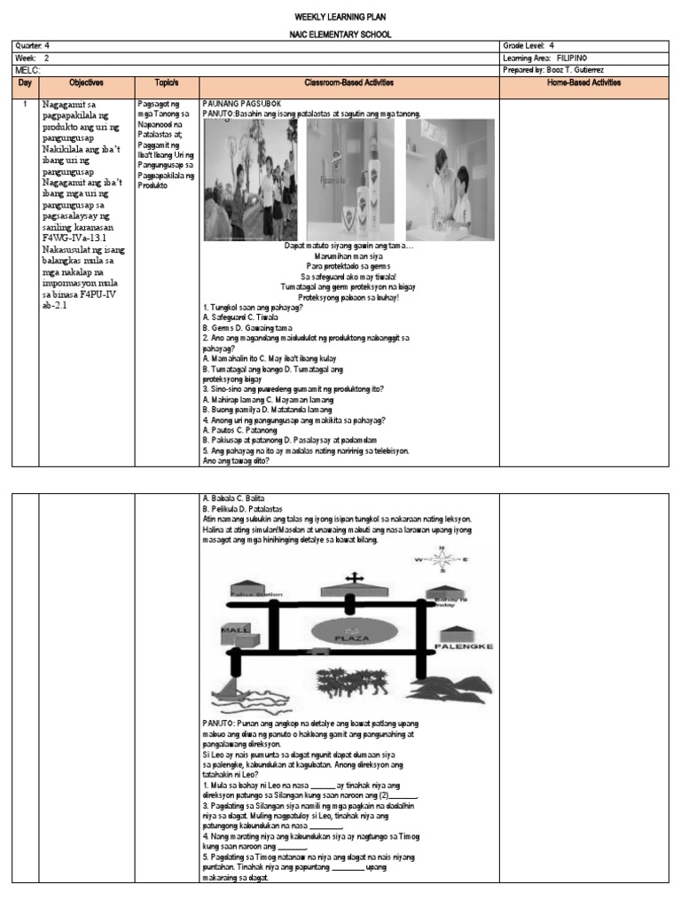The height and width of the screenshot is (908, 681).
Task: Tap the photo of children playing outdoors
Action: click(251, 179)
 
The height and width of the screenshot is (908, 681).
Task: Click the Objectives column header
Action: click(86, 82)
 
